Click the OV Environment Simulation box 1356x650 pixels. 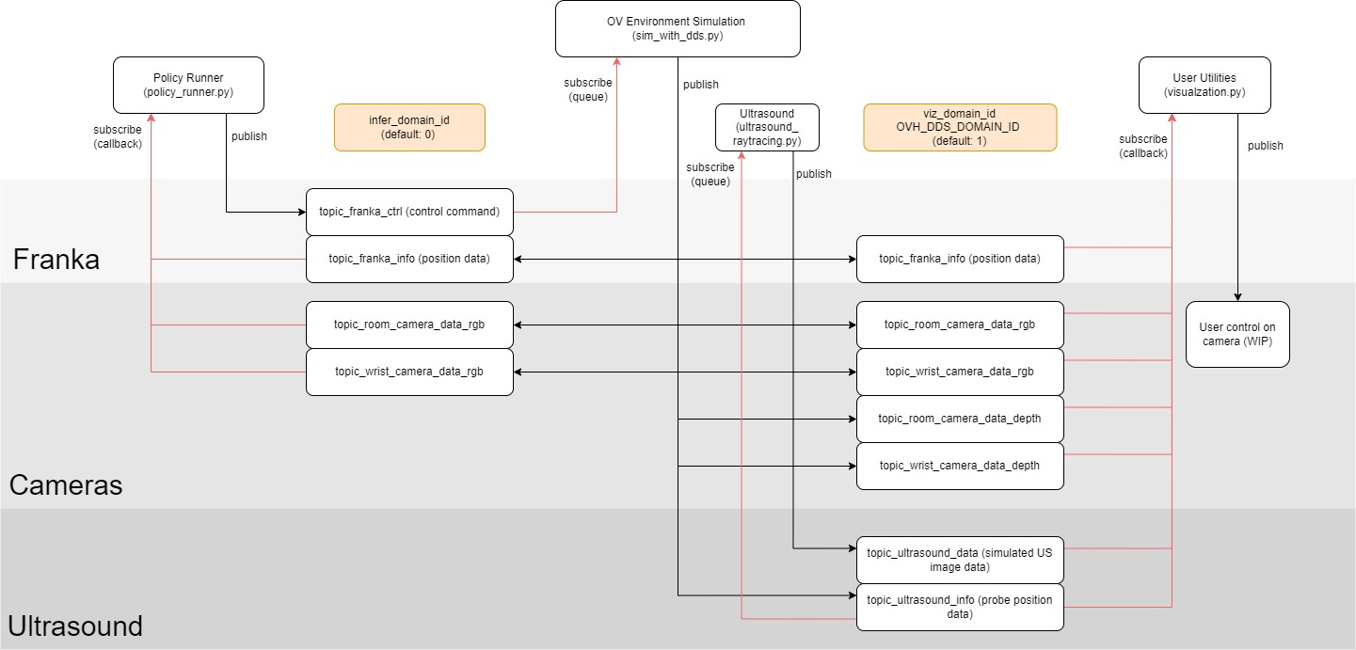pyautogui.click(x=678, y=28)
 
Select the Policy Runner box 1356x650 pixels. pyautogui.click(x=188, y=85)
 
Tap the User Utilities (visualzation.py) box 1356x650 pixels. pyautogui.click(x=1204, y=85)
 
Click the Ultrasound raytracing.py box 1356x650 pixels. pyautogui.click(x=767, y=127)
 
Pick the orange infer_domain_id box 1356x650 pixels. pyautogui.click(x=409, y=127)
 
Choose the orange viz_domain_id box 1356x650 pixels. pyautogui.click(x=960, y=127)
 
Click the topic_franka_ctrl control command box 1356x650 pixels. pyautogui.click(x=409, y=212)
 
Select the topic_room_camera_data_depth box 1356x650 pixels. pyautogui.click(x=960, y=419)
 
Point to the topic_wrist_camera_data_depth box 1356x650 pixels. pyautogui.click(x=960, y=466)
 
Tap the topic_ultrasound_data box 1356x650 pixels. pyautogui.click(x=960, y=560)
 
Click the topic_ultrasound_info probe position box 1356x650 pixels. pyautogui.click(x=960, y=607)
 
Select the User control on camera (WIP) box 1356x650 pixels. pyautogui.click(x=1237, y=334)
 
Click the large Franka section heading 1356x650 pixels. pyautogui.click(x=56, y=260)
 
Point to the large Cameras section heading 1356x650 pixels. pyautogui.click(x=66, y=485)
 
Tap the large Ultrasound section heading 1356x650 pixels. pyautogui.click(x=75, y=626)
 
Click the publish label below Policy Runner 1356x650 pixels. pyautogui.click(x=249, y=136)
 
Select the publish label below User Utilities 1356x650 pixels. pyautogui.click(x=1265, y=146)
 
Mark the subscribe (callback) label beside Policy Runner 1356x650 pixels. pyautogui.click(x=118, y=136)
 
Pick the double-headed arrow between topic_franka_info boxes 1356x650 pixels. pyautogui.click(x=685, y=259)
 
